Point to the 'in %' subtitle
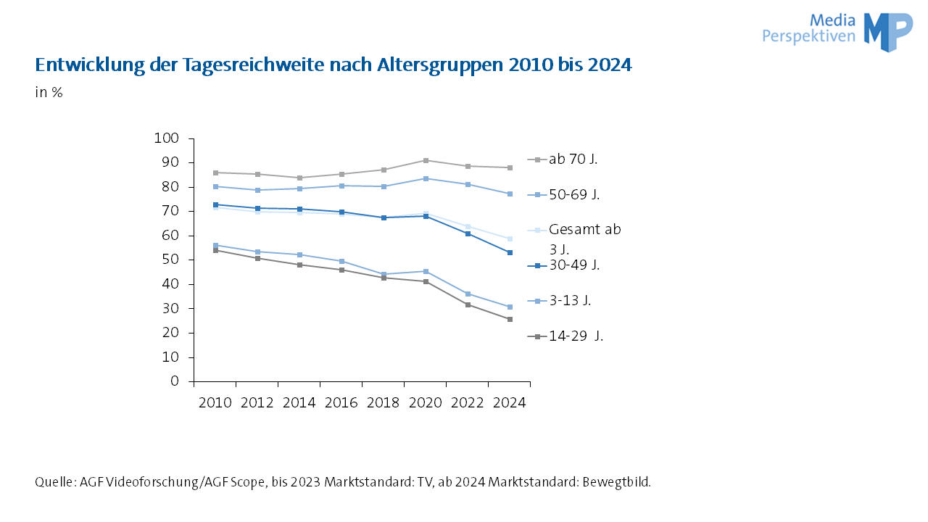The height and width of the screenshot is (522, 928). pos(49,93)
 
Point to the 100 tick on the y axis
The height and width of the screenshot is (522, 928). pos(166,138)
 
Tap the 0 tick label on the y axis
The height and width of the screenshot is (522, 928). pos(175,381)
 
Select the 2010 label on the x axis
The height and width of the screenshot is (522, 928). pos(215,403)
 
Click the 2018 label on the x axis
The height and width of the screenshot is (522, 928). pos(384,403)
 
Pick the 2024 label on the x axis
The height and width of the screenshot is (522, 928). pos(509,403)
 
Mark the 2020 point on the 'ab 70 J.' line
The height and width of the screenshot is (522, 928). pos(426,160)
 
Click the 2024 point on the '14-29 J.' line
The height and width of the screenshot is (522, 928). pos(510,319)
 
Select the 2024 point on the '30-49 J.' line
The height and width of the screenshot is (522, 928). pos(510,252)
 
